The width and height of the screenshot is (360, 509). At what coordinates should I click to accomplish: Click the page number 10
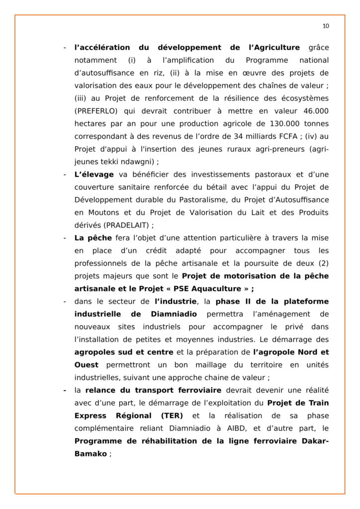pos(326,26)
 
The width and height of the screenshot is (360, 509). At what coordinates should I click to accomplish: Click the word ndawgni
pos(139,162)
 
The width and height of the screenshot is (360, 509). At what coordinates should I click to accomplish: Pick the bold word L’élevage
pos(94,174)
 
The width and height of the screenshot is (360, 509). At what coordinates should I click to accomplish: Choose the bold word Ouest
pos(87,365)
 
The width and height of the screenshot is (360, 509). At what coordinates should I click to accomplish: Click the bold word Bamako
pos(90,454)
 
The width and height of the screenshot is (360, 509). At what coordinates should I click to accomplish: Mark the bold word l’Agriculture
pos(273,48)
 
